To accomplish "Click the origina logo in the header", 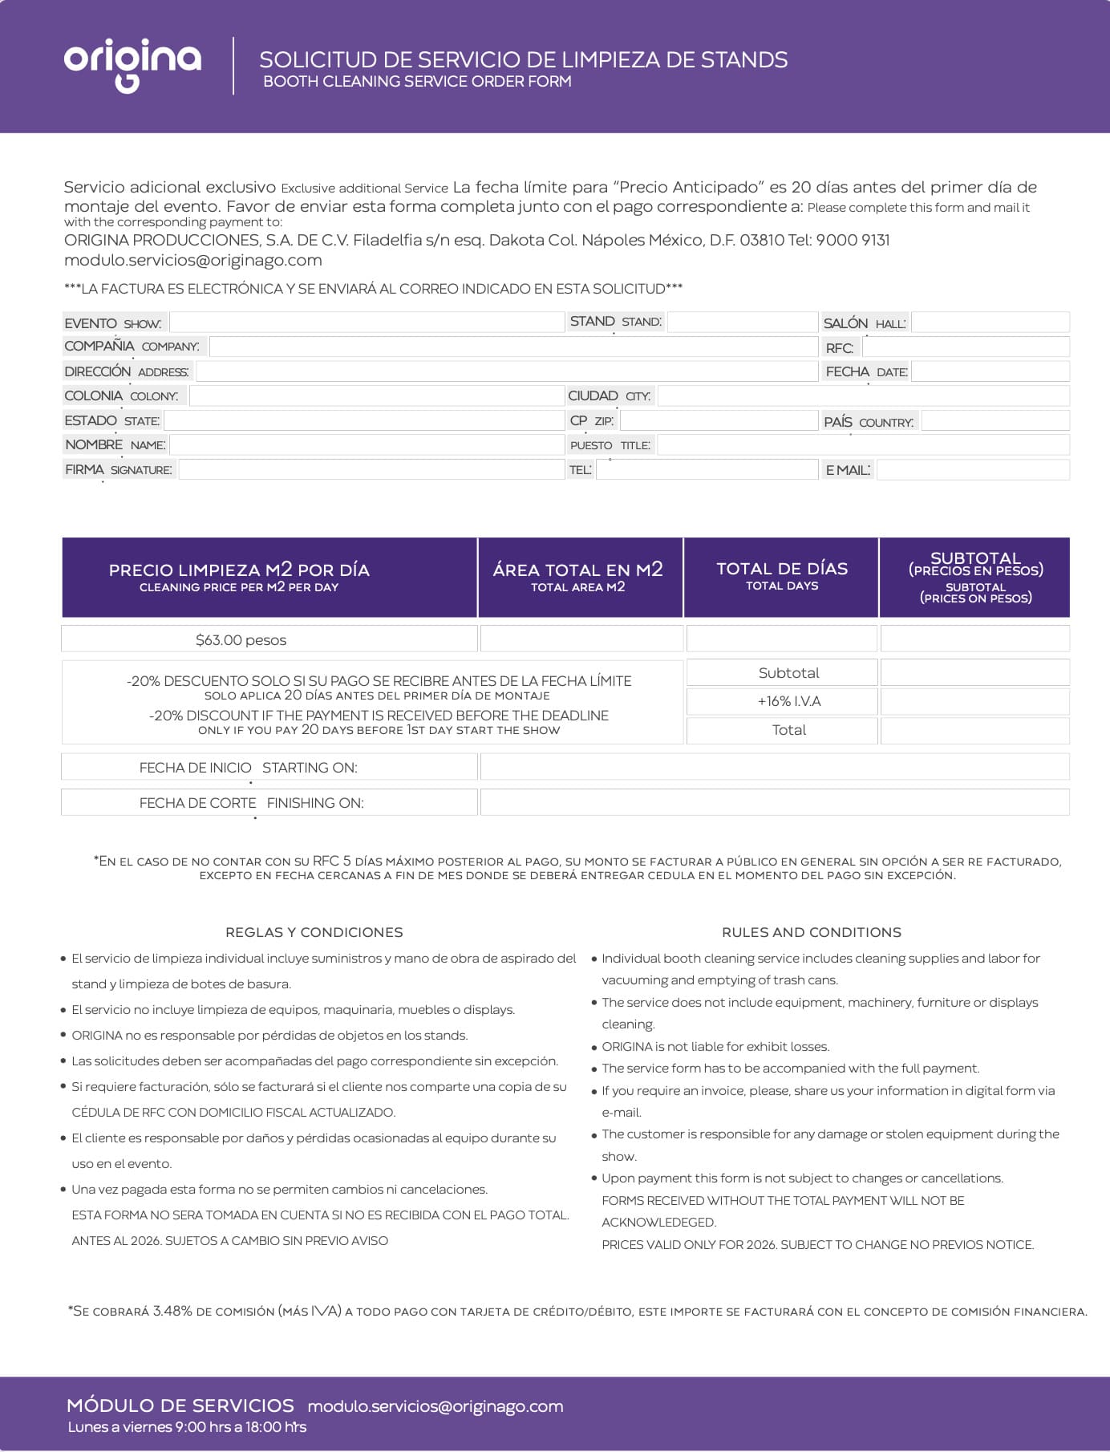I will [x=132, y=64].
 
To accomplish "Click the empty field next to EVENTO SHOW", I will [x=367, y=322].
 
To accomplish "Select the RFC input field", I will [x=965, y=347].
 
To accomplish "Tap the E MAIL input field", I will [x=972, y=470].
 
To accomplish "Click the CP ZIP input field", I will [x=718, y=420].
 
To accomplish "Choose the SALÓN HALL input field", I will [x=990, y=322].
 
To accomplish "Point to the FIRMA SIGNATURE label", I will [x=119, y=470].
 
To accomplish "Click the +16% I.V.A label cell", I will [x=788, y=701].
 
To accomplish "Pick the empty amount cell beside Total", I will [x=974, y=730].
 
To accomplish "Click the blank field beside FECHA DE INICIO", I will [x=774, y=767].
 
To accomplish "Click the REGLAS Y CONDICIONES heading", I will [x=314, y=932].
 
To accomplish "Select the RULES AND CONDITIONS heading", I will [x=811, y=932].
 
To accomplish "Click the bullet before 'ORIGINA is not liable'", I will [x=594, y=1048].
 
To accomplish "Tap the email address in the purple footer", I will [x=435, y=1406].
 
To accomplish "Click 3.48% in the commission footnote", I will [x=172, y=1311].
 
